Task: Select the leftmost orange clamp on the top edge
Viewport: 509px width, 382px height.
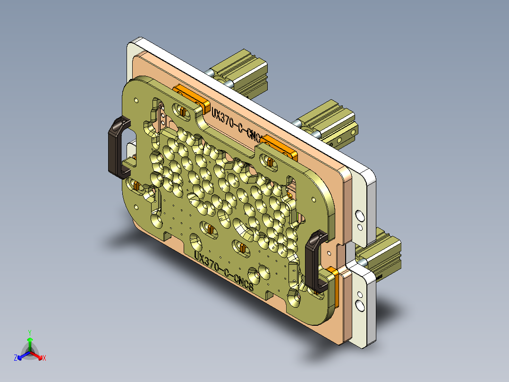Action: tap(191, 97)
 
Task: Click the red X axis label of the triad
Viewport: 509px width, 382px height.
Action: tap(44, 358)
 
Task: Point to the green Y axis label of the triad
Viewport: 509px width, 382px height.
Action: tap(29, 332)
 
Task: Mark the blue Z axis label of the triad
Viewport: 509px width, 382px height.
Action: tap(16, 358)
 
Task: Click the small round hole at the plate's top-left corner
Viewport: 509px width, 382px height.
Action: tap(136, 100)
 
